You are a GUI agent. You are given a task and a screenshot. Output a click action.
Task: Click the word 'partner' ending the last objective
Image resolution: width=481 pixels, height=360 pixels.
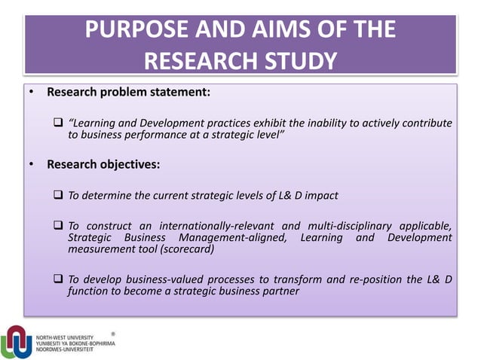(x=280, y=292)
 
